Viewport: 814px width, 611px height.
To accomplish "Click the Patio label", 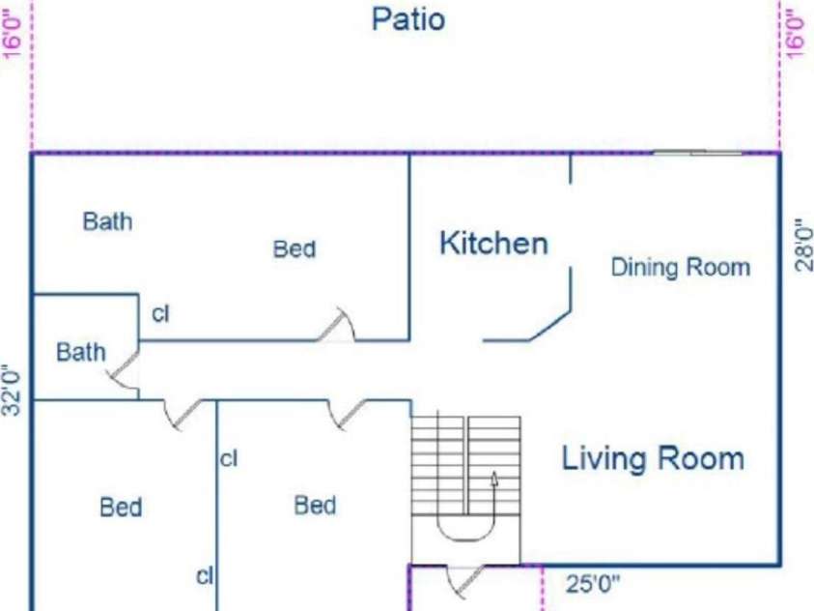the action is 408,18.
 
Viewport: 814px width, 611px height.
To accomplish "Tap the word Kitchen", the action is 493,244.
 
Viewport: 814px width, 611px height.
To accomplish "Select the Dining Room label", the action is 681,268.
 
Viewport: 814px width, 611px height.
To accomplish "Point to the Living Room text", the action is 653,458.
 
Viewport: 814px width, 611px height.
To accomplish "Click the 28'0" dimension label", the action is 803,245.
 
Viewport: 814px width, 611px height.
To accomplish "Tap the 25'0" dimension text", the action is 593,584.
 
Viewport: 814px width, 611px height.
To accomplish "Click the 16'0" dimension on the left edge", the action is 13,32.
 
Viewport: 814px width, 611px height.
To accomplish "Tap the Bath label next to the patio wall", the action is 107,221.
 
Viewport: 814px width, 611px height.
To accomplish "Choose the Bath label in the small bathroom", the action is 81,352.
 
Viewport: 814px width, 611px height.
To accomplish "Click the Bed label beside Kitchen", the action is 295,248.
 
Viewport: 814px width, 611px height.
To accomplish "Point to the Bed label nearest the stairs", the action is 315,505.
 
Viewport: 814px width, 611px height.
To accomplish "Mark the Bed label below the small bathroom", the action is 121,508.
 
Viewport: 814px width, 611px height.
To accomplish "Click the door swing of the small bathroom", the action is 124,369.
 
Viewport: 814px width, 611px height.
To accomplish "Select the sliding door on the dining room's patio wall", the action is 697,152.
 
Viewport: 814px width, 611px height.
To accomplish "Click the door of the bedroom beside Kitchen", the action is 336,325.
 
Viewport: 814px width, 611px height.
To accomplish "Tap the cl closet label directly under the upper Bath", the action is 160,314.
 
